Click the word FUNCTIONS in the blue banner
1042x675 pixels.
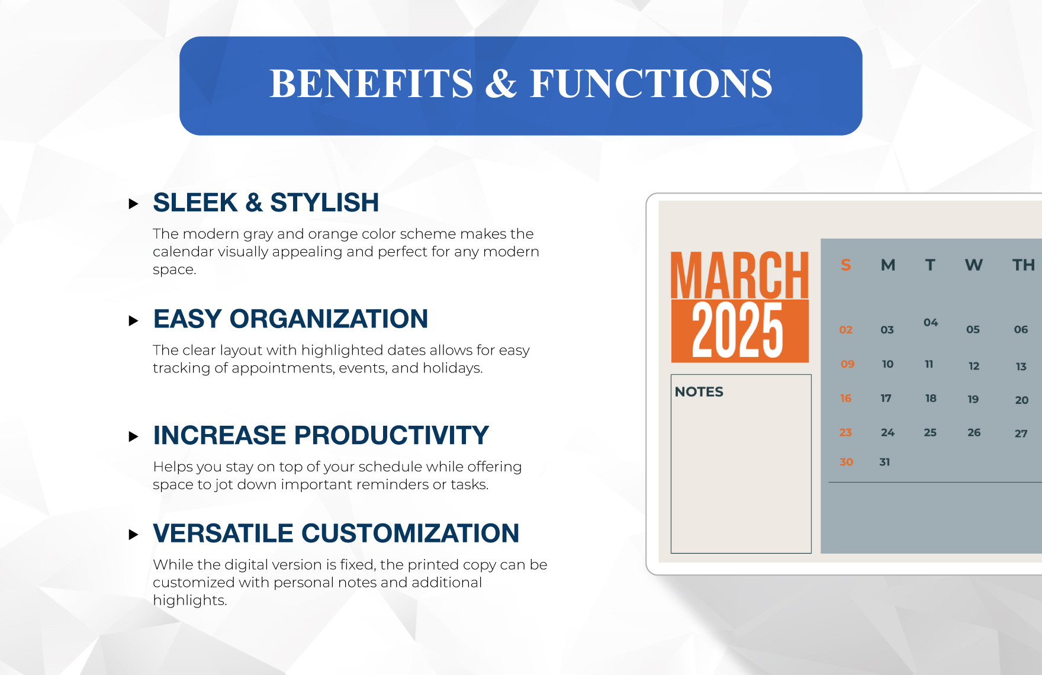(x=651, y=83)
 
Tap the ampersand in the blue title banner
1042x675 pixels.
(x=501, y=83)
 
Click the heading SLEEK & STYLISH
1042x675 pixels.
(x=266, y=202)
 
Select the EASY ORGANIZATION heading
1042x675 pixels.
(x=291, y=319)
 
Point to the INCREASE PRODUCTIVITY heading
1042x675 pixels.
(x=321, y=435)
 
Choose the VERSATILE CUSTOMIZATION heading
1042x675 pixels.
(x=336, y=533)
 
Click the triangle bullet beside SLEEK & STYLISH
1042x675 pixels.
(x=133, y=204)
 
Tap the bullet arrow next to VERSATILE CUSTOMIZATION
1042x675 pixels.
(x=133, y=535)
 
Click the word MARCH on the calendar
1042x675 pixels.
(x=739, y=275)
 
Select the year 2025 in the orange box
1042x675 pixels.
(x=738, y=330)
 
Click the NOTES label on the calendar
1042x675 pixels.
(x=699, y=392)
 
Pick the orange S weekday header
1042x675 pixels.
(x=846, y=265)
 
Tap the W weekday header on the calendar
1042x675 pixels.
(x=974, y=265)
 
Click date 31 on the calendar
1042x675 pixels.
(x=885, y=462)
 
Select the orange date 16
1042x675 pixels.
(x=845, y=398)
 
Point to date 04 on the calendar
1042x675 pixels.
(x=931, y=323)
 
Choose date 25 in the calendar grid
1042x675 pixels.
(x=930, y=433)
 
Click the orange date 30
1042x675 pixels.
(x=847, y=462)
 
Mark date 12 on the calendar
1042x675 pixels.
(x=974, y=366)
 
